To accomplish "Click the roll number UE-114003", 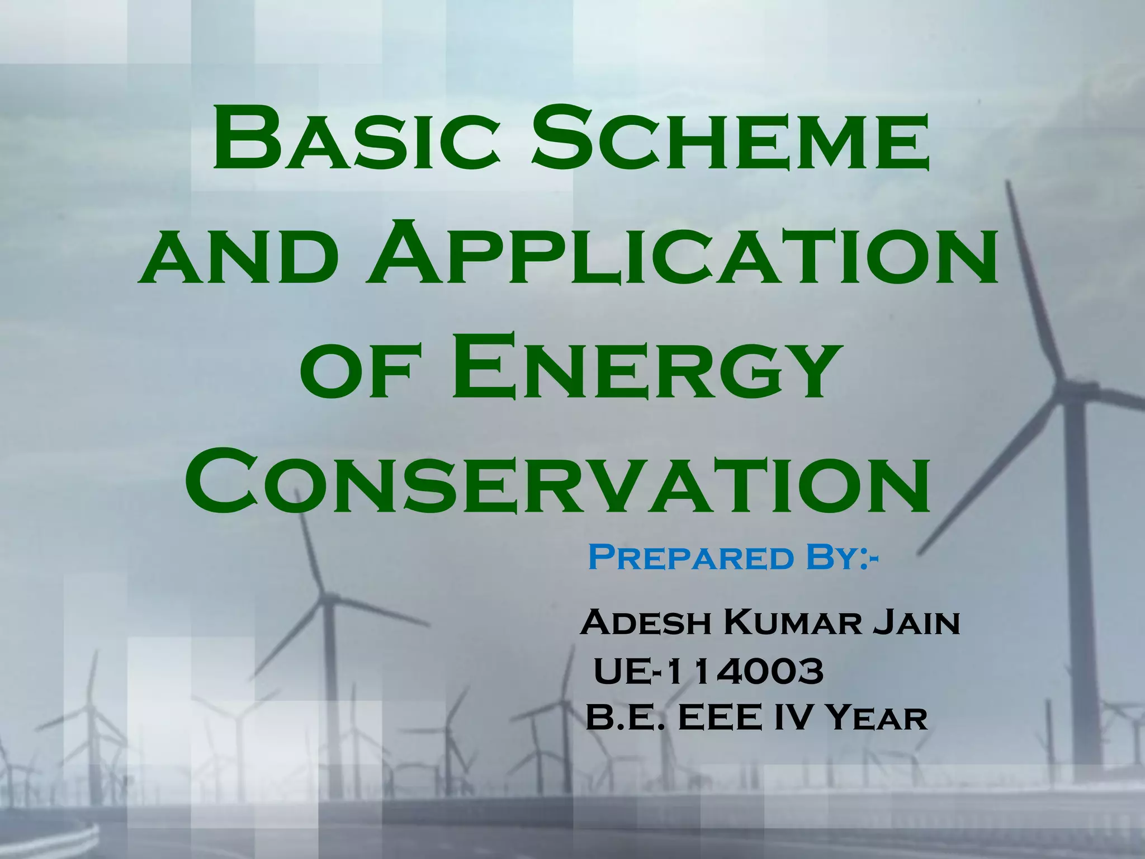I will (x=708, y=672).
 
